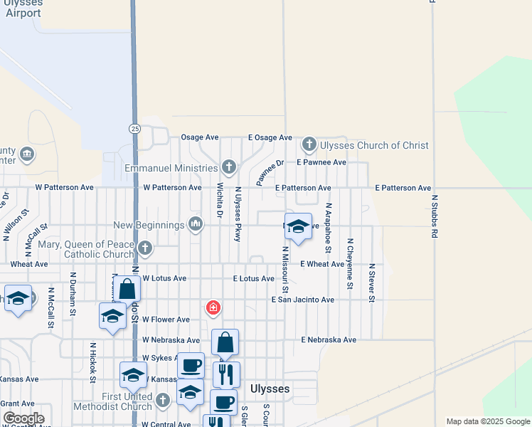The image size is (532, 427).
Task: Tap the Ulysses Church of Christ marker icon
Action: tap(309, 145)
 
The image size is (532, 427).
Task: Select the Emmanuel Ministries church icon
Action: tap(228, 168)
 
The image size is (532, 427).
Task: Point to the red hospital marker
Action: tap(212, 307)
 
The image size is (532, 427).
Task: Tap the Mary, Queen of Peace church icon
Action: tap(145, 248)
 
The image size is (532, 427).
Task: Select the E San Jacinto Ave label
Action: tap(302, 300)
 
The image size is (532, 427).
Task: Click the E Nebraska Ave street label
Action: tap(328, 340)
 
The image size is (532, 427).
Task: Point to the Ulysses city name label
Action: tap(270, 389)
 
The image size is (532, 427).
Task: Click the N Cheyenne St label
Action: tap(349, 263)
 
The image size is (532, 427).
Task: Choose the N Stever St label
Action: tap(371, 283)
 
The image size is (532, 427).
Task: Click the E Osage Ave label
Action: tap(270, 137)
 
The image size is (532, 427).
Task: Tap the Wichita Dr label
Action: tap(219, 200)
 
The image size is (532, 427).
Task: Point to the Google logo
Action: tap(24, 418)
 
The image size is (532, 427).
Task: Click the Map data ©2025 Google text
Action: tap(487, 421)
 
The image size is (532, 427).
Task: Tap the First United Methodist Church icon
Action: tap(163, 401)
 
